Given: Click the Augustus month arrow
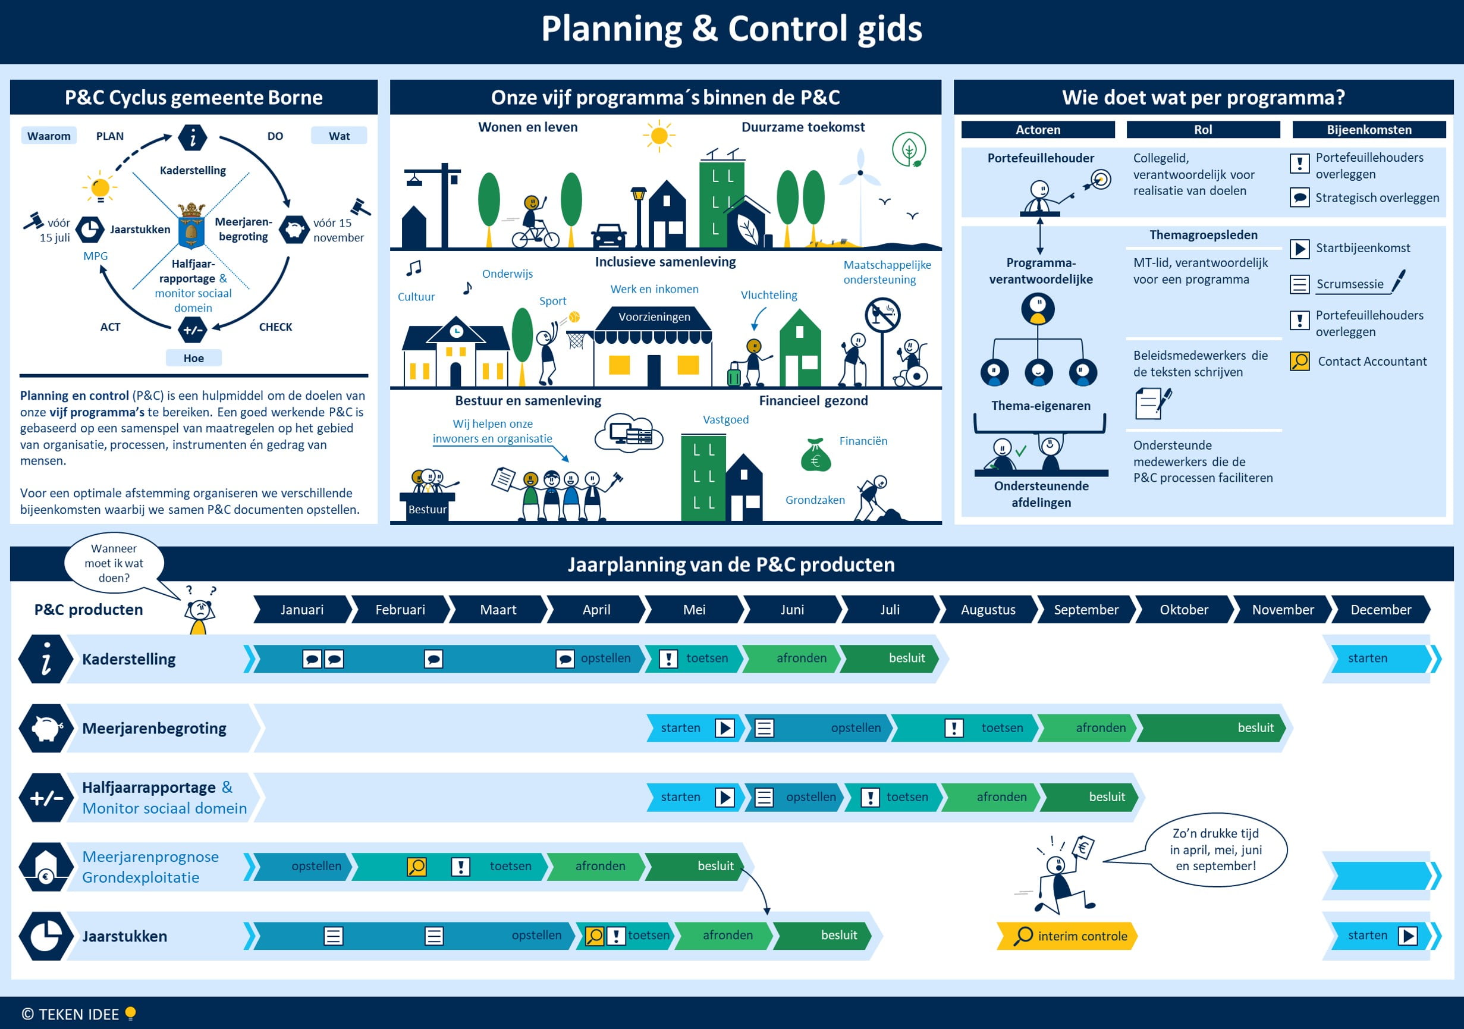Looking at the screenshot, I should click(988, 609).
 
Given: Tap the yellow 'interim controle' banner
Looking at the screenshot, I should click(1067, 936).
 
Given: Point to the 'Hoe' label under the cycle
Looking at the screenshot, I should click(193, 358).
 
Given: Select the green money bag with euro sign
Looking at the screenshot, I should click(815, 456).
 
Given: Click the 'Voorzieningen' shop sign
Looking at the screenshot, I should click(654, 317).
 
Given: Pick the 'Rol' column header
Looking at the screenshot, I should click(1202, 130).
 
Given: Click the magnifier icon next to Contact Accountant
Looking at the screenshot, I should click(1299, 361).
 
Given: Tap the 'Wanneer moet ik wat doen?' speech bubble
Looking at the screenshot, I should click(114, 563).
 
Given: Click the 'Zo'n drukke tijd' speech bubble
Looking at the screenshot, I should click(1215, 849).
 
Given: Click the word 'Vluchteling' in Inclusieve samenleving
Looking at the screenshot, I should click(768, 295).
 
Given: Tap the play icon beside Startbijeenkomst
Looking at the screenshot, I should click(1299, 248).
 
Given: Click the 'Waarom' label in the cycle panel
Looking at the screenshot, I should click(48, 136).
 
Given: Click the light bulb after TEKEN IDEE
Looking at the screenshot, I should click(131, 1013).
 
